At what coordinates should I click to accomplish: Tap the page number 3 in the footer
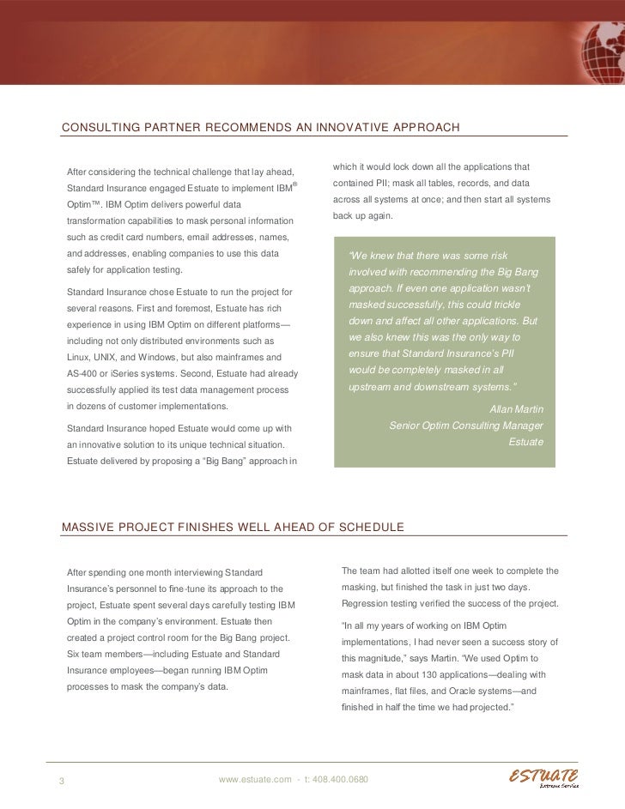(62, 780)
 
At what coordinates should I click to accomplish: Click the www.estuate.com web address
(254, 779)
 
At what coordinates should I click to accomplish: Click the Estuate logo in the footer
(543, 777)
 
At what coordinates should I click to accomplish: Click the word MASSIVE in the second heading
(88, 527)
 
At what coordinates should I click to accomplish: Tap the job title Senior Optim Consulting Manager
(466, 426)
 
